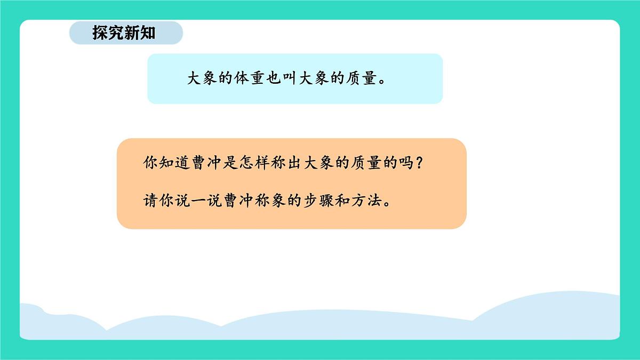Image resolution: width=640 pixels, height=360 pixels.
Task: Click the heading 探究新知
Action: click(124, 33)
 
